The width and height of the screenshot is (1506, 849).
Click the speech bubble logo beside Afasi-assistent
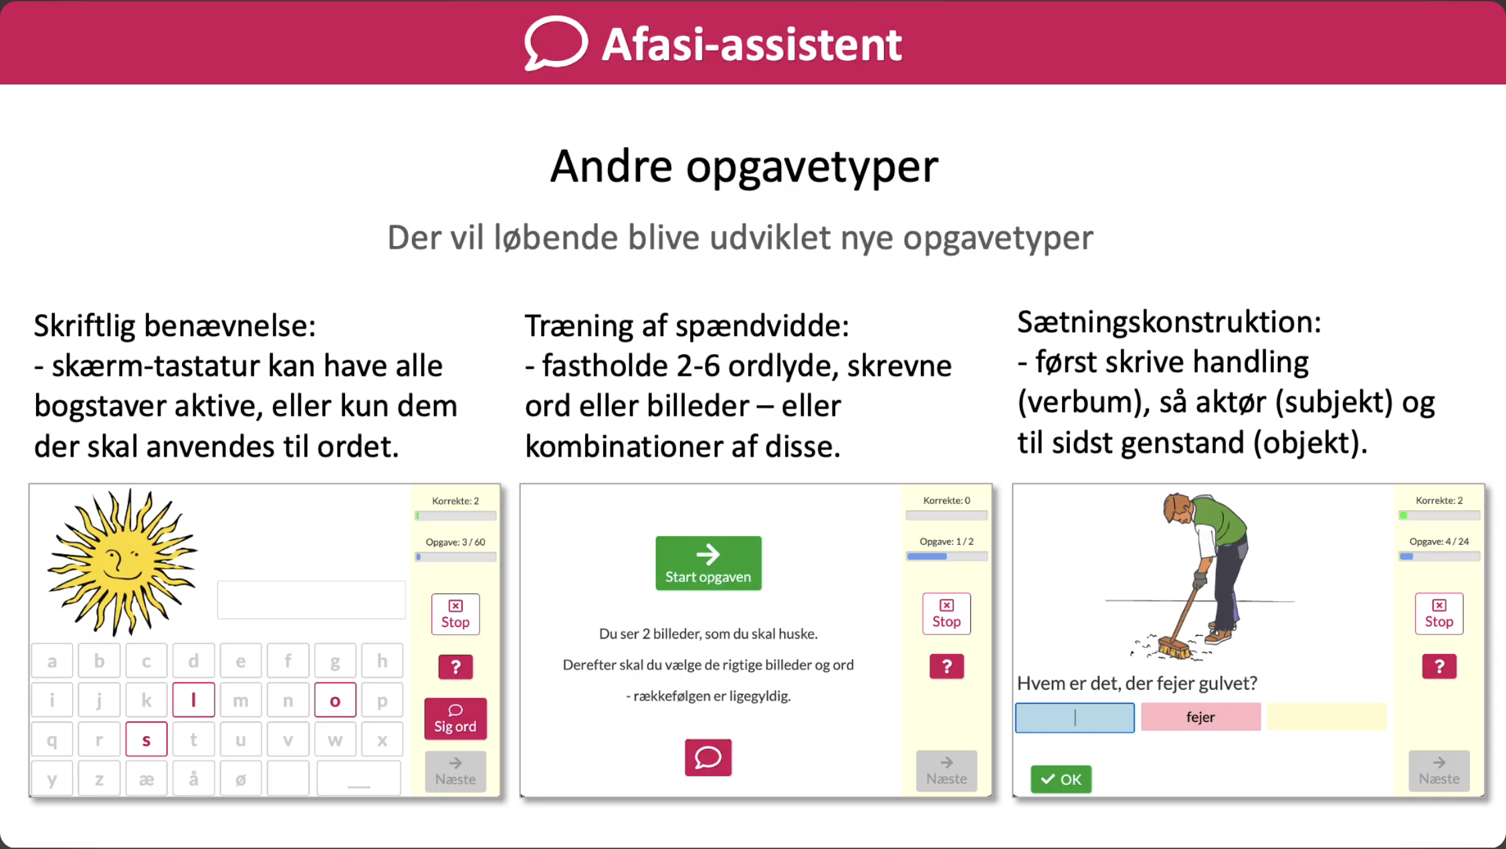tap(555, 43)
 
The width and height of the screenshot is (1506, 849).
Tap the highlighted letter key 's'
tap(146, 739)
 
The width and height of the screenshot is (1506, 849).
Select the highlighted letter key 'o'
tap(335, 700)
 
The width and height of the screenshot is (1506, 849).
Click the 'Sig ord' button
tap(455, 719)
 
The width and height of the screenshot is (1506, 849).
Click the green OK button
tap(1061, 779)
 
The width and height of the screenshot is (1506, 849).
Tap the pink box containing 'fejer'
tap(1200, 717)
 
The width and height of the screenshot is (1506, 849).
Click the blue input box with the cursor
tap(1075, 717)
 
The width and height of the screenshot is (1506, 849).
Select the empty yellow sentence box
tap(1326, 717)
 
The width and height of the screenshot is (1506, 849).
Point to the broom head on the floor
tap(1174, 647)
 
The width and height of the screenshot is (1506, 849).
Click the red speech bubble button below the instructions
tap(708, 757)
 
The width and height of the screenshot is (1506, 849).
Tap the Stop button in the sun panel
tap(455, 614)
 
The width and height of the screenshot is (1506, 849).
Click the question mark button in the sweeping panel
tap(1439, 666)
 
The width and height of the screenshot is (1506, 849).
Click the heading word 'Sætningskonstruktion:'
tap(1169, 322)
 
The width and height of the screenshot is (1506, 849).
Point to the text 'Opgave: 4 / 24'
tap(1439, 541)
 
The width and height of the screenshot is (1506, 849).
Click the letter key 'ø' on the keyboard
tap(241, 779)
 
